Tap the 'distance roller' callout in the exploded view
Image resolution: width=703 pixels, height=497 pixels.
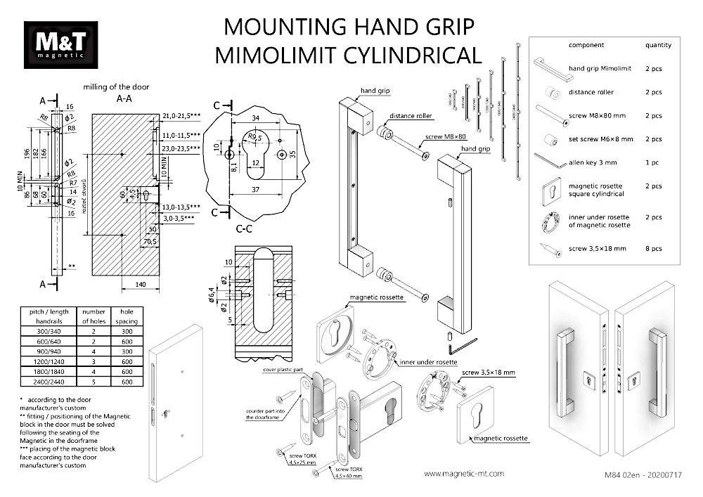(411, 116)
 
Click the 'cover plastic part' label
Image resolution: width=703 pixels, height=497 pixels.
(283, 368)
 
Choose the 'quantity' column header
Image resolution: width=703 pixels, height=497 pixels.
(658, 45)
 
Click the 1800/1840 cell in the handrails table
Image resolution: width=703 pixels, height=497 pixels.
(47, 370)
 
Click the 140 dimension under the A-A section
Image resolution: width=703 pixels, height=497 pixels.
(141, 284)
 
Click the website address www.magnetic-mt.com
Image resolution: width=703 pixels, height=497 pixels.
(465, 474)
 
